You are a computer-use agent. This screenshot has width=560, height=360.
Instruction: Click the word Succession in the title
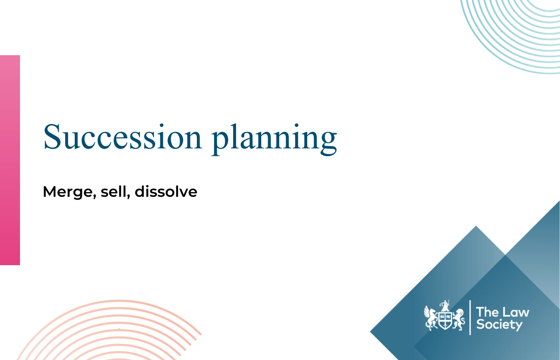[122, 137]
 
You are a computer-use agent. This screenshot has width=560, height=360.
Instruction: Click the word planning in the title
[274, 138]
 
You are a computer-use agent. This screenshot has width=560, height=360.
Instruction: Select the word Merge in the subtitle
[67, 192]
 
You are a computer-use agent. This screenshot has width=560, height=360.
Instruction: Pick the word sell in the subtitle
[114, 192]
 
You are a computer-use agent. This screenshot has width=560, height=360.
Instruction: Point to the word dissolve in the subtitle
[166, 192]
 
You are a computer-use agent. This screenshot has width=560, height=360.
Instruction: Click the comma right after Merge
[94, 196]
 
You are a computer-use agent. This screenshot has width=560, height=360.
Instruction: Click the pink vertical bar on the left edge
[10, 160]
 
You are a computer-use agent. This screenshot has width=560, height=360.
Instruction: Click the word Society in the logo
[499, 324]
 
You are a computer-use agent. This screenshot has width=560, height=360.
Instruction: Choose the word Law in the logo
[516, 312]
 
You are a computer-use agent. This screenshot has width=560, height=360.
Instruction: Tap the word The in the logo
[487, 312]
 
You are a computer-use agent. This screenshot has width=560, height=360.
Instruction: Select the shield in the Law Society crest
[445, 320]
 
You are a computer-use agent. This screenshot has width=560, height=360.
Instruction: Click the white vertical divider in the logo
[470, 318]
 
